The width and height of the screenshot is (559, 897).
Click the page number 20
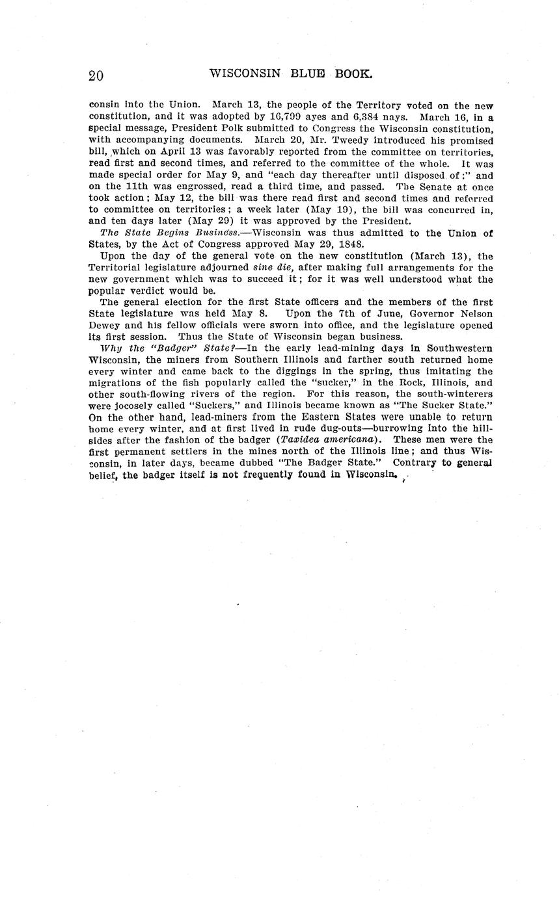click(x=96, y=75)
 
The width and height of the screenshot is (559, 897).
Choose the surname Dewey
click(x=105, y=325)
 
